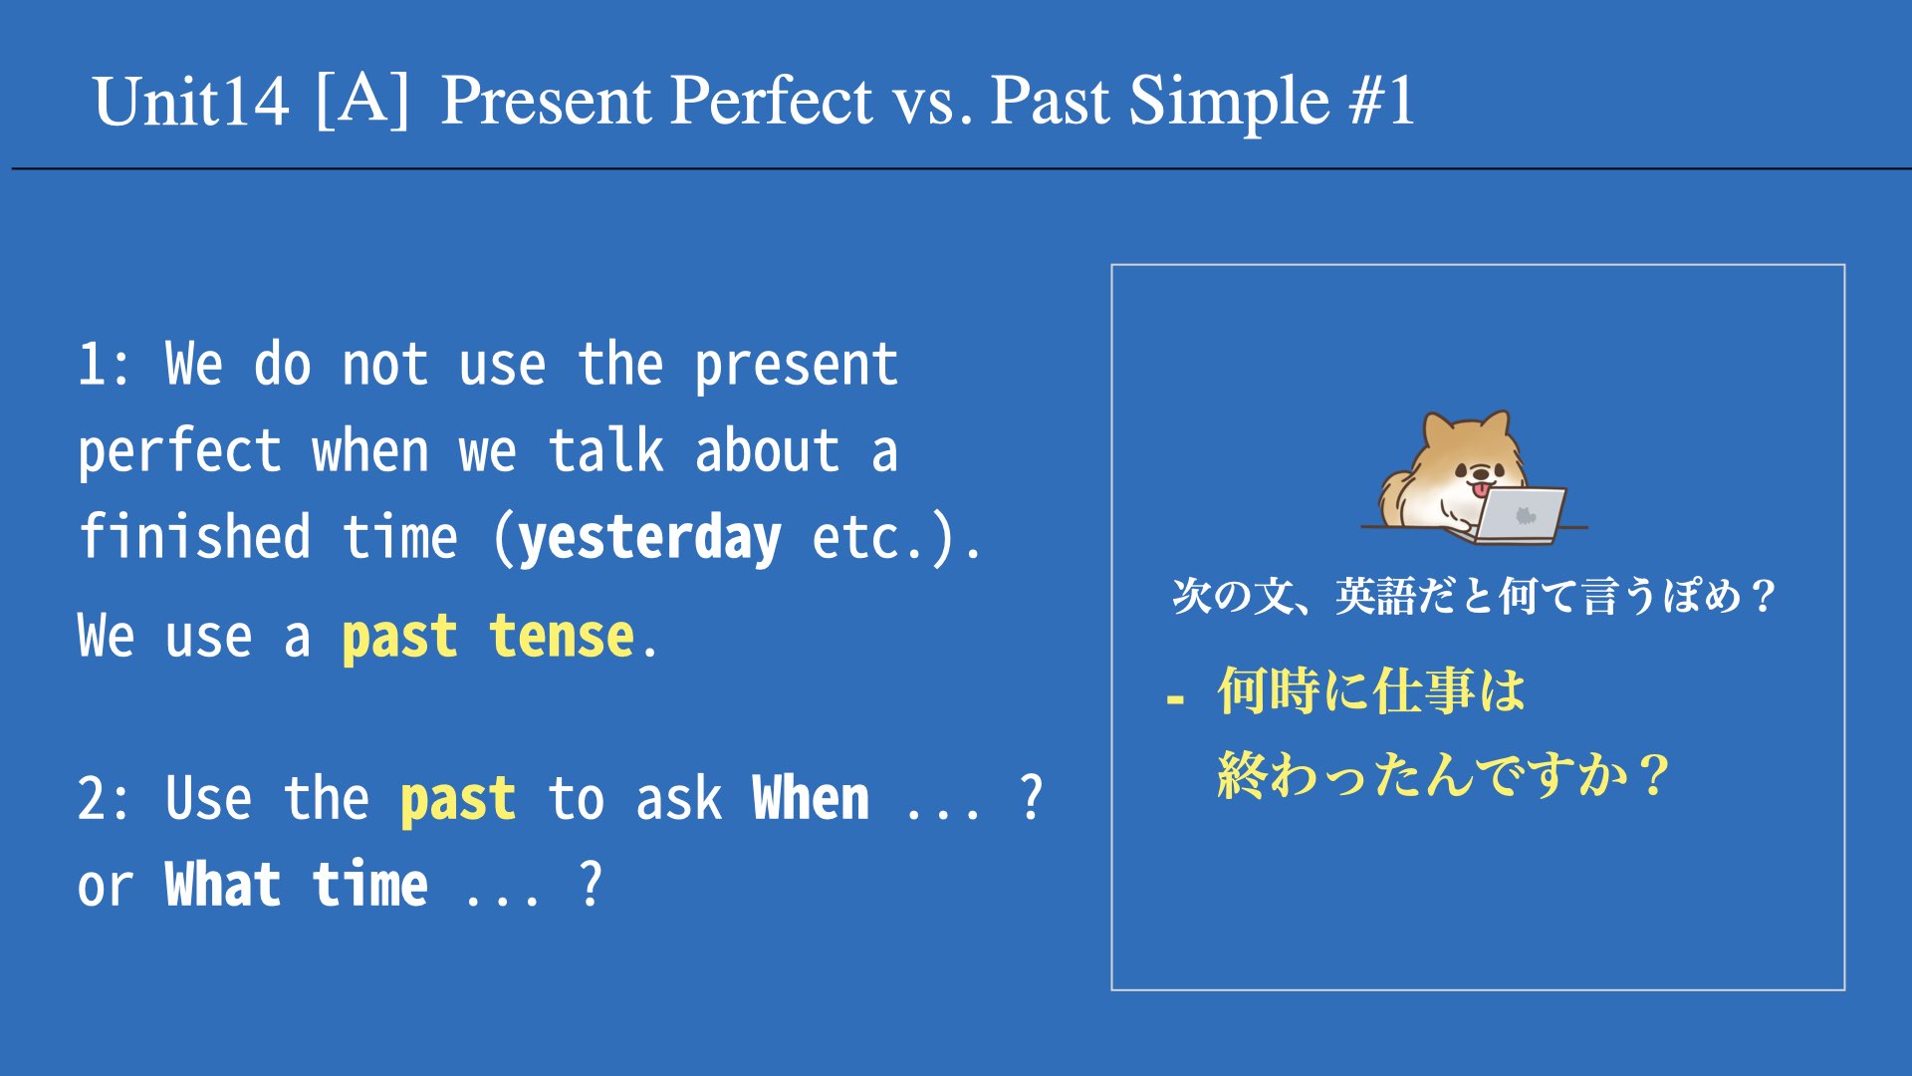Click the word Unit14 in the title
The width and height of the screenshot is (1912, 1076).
click(x=191, y=102)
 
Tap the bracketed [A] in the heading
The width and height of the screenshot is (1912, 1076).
click(x=362, y=99)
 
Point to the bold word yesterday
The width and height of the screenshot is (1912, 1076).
click(x=650, y=538)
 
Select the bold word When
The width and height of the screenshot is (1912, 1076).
click(x=811, y=798)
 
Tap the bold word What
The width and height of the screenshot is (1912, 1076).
click(x=223, y=884)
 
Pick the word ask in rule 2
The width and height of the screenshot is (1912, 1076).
click(x=678, y=799)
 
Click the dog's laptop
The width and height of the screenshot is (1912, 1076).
click(x=1519, y=514)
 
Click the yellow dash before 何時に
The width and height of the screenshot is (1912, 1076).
click(x=1175, y=700)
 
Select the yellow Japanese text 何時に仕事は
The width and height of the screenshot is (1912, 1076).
click(x=1371, y=690)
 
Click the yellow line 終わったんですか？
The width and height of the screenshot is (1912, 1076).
click(x=1443, y=774)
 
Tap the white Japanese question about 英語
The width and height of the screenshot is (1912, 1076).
click(x=1474, y=596)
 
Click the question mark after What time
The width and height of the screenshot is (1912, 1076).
click(x=591, y=883)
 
